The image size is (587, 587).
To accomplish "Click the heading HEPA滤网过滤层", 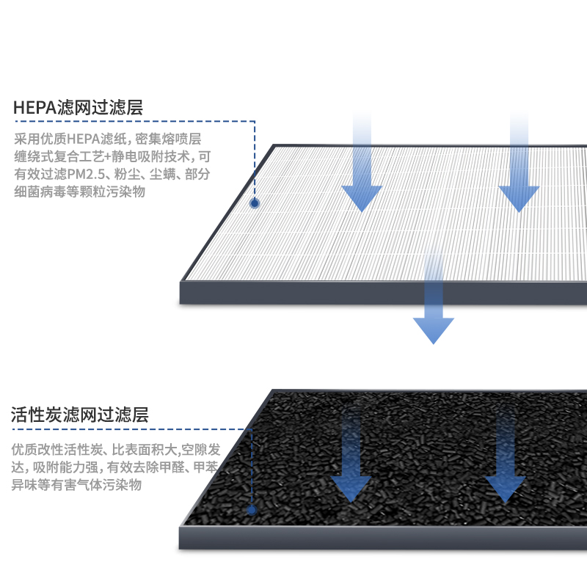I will coord(78,108).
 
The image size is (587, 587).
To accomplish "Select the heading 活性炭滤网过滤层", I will coord(80,415).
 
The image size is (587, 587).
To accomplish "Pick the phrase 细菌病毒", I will coord(37,192).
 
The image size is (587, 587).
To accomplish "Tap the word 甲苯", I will coord(209,467).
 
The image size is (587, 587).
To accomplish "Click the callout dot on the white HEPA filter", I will coord(255,203).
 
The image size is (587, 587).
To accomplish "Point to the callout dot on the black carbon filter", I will coord(252,508).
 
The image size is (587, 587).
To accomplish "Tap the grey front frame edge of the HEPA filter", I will coord(382,293).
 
